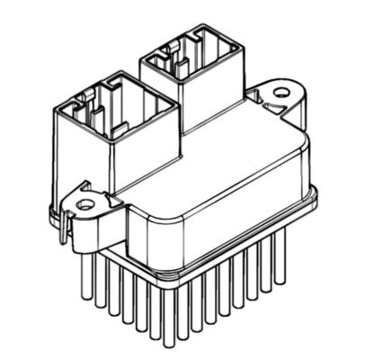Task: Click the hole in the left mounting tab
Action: tap(85, 204)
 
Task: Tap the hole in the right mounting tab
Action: tap(281, 92)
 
